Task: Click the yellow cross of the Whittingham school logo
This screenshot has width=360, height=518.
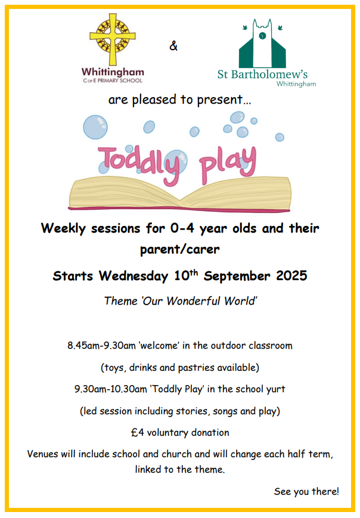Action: point(113,40)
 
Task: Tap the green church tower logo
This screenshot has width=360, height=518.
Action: point(263,44)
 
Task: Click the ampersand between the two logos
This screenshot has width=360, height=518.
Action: point(173,45)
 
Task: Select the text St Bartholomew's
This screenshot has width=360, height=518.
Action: point(263,75)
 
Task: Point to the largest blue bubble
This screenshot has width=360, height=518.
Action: point(95,127)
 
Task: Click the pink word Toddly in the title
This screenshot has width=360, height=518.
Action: point(139,164)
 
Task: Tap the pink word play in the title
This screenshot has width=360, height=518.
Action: point(228,164)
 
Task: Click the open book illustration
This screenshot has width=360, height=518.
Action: point(180,194)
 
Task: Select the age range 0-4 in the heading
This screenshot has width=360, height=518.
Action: point(182,228)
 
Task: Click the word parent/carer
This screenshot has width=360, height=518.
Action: point(180,249)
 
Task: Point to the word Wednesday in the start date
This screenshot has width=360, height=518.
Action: point(134,276)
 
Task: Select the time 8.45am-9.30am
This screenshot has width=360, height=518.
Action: point(102,346)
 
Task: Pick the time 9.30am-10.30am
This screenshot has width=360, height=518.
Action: point(111,389)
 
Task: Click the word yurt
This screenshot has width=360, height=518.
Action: point(275,389)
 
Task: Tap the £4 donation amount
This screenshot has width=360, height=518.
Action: point(138,432)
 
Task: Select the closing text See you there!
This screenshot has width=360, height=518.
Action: point(306,492)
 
